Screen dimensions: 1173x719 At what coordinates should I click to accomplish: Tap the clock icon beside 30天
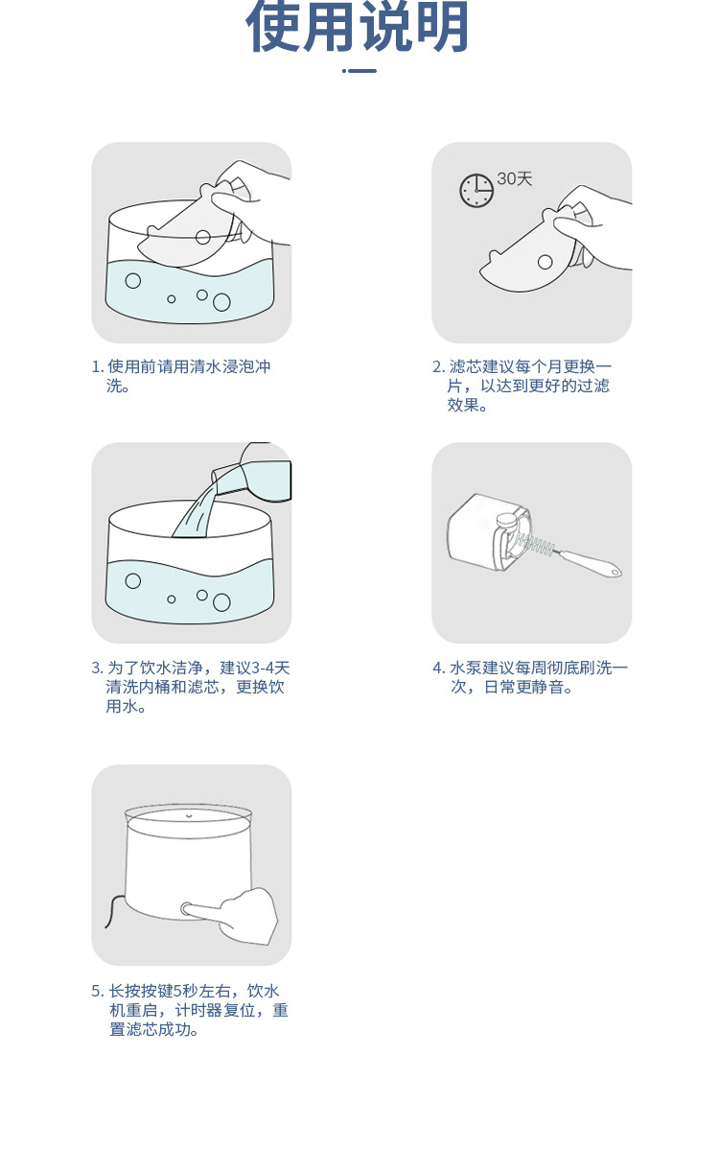(476, 190)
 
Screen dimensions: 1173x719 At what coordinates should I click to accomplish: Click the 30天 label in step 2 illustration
(515, 179)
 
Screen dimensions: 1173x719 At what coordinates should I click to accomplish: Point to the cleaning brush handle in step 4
(590, 563)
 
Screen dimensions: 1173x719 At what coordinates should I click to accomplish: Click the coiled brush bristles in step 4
(536, 548)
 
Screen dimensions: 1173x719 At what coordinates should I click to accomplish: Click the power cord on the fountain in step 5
(111, 911)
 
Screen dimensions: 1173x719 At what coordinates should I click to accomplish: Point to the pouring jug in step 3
(259, 472)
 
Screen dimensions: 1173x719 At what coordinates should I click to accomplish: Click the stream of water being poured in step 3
(196, 508)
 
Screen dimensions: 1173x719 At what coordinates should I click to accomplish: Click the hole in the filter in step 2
(545, 262)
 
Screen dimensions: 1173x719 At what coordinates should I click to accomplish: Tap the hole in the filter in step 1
(202, 236)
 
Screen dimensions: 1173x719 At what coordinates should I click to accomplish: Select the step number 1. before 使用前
(97, 366)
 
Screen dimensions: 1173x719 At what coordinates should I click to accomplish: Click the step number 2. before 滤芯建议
(438, 366)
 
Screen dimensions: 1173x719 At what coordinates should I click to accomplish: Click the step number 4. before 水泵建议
(438, 668)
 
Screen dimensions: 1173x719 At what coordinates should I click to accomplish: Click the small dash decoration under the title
(359, 70)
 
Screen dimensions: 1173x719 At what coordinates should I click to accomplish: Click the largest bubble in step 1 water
(221, 302)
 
